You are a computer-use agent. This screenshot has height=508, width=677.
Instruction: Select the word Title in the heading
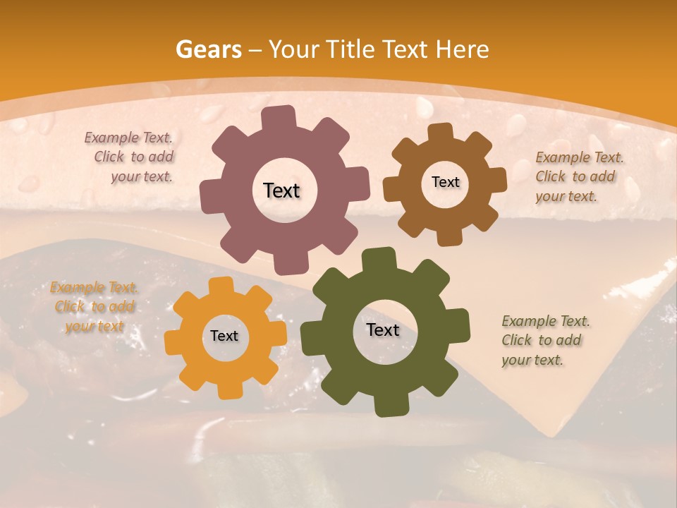click(x=353, y=49)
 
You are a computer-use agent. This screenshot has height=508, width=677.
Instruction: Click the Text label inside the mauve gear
click(x=281, y=190)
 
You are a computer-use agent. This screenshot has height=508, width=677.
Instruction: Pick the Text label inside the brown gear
click(x=445, y=182)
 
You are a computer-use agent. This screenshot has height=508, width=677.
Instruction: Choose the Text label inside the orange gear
click(x=224, y=337)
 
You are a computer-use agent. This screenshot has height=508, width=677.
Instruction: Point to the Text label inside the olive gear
click(x=383, y=330)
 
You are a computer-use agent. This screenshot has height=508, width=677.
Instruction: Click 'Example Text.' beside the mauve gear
click(x=128, y=138)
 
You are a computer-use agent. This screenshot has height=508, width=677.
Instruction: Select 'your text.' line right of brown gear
click(x=566, y=196)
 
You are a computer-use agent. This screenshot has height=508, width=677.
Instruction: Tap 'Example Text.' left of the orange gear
click(x=94, y=288)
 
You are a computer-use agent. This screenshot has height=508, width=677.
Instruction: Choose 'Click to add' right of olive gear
click(x=542, y=340)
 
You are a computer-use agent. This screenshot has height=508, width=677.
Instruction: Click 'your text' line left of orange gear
click(x=94, y=326)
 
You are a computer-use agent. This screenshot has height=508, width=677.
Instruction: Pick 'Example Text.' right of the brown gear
click(x=580, y=157)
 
